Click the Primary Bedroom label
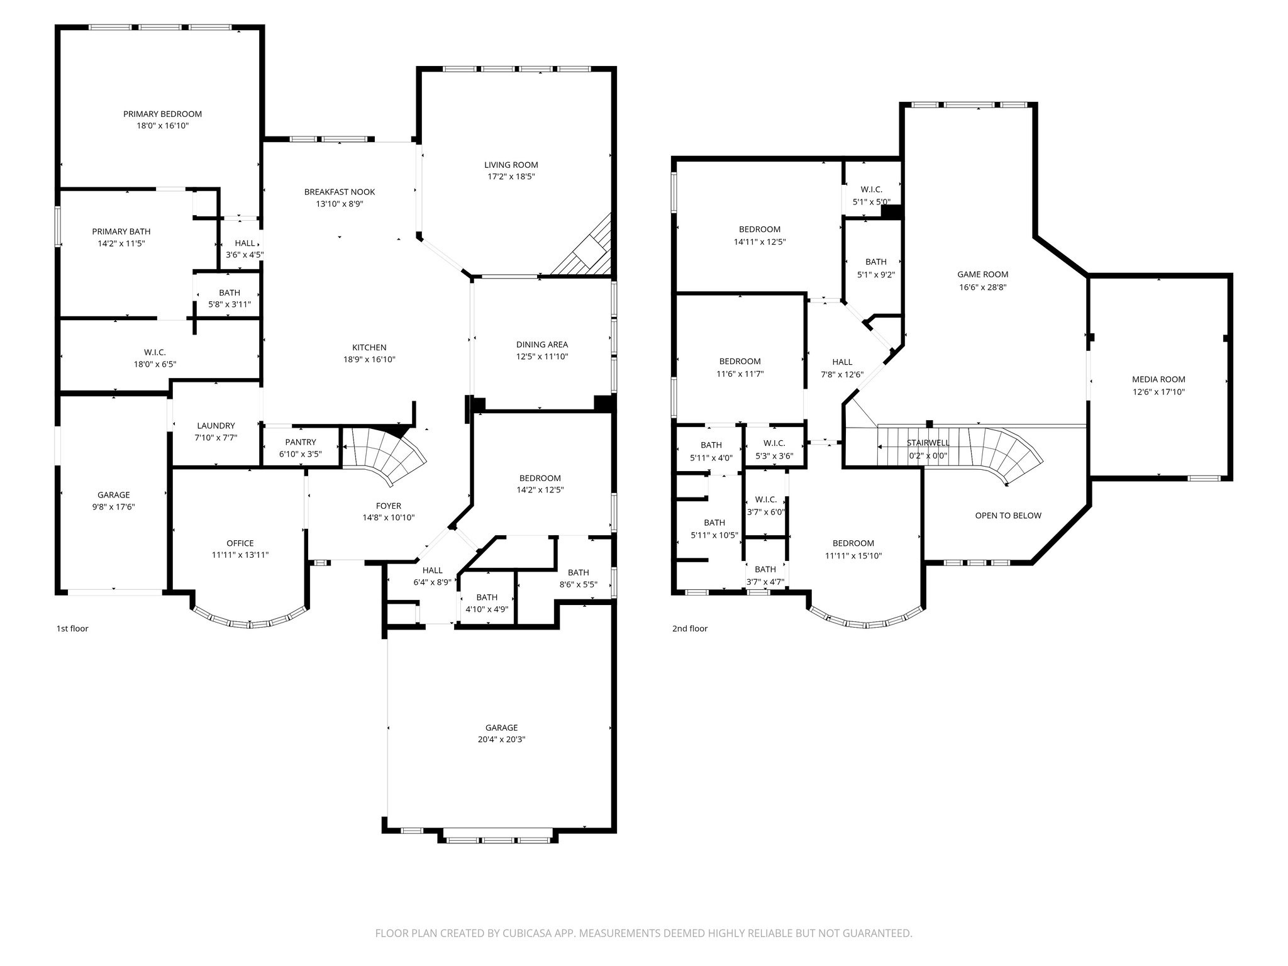click(x=162, y=114)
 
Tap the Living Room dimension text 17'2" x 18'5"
click(x=511, y=177)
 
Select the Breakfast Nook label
click(x=340, y=192)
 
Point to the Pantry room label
click(x=301, y=442)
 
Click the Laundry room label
click(x=216, y=426)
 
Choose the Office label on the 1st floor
click(x=240, y=543)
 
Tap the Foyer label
click(x=389, y=506)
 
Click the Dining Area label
click(x=542, y=345)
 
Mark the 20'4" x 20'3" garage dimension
click(x=501, y=740)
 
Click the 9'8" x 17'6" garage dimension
click(x=114, y=507)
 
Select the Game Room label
click(x=982, y=274)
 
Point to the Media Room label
click(x=1158, y=379)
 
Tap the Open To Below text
click(x=1008, y=516)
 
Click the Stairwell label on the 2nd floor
click(x=928, y=443)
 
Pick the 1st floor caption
click(x=72, y=628)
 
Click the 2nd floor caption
click(x=690, y=628)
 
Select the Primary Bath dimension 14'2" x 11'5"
click(x=121, y=243)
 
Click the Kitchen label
click(x=369, y=347)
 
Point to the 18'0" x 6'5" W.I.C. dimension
click(x=155, y=364)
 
